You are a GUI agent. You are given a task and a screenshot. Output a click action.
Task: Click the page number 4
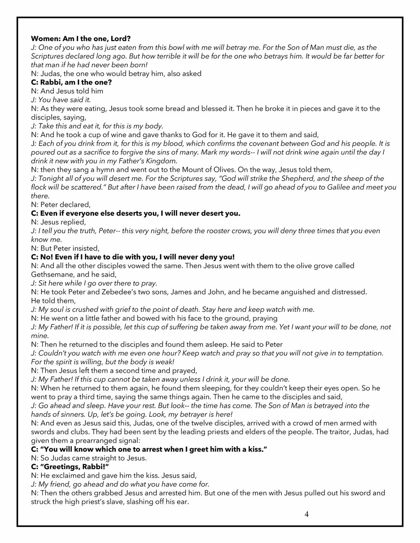(307, 514)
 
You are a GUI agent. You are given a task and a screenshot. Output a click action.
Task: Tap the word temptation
(362, 353)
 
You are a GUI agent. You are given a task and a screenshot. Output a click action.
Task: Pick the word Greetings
(63, 467)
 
